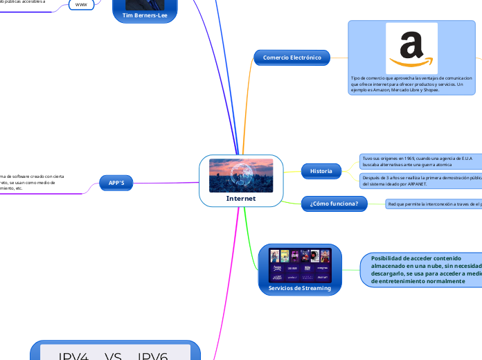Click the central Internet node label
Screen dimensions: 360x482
[x=241, y=199]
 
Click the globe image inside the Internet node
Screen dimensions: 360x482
[x=241, y=176]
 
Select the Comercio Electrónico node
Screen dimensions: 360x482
[x=292, y=57]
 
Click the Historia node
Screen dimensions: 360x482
[x=321, y=171]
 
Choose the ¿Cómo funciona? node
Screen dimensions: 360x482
[x=334, y=204]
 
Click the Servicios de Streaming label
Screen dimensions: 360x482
[x=299, y=288]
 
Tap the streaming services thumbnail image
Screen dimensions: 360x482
[x=299, y=265]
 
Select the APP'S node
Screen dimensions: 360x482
[x=116, y=183]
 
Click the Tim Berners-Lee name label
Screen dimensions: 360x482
[x=145, y=15]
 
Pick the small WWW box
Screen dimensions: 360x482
[x=80, y=4]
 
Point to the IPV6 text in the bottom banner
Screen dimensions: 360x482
[x=153, y=356]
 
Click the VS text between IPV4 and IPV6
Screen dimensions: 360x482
[x=114, y=356]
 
